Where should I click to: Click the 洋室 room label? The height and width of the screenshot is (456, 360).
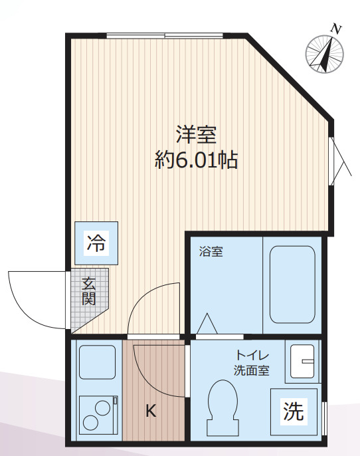[x=197, y=135]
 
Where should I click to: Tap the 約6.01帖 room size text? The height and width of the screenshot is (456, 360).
[x=196, y=160]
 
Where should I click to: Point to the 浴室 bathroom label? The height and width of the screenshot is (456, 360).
[x=211, y=252]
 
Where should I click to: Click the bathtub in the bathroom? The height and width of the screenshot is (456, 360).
[x=292, y=285]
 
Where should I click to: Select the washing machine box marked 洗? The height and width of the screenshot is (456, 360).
[x=294, y=412]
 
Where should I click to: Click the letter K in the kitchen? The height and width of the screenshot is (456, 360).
[x=151, y=411]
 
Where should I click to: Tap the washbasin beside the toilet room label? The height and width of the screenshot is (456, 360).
[x=302, y=362]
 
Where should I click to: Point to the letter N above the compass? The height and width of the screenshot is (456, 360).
[x=337, y=29]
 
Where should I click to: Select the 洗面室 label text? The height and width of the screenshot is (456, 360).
[x=251, y=371]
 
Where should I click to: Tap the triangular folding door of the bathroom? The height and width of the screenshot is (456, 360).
[x=207, y=324]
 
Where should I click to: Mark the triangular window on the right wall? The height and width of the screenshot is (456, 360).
[x=339, y=160]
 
